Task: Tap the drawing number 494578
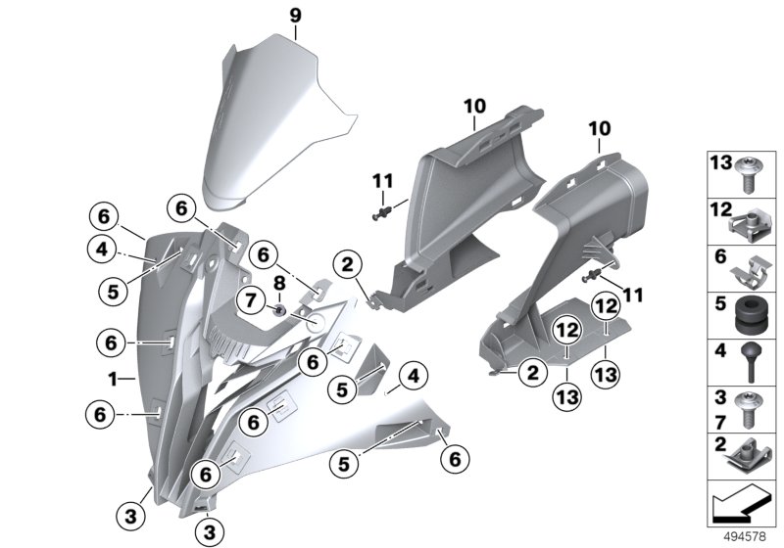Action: [x=745, y=535]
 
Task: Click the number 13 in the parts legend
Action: [x=719, y=161]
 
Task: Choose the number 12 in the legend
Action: [x=719, y=209]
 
